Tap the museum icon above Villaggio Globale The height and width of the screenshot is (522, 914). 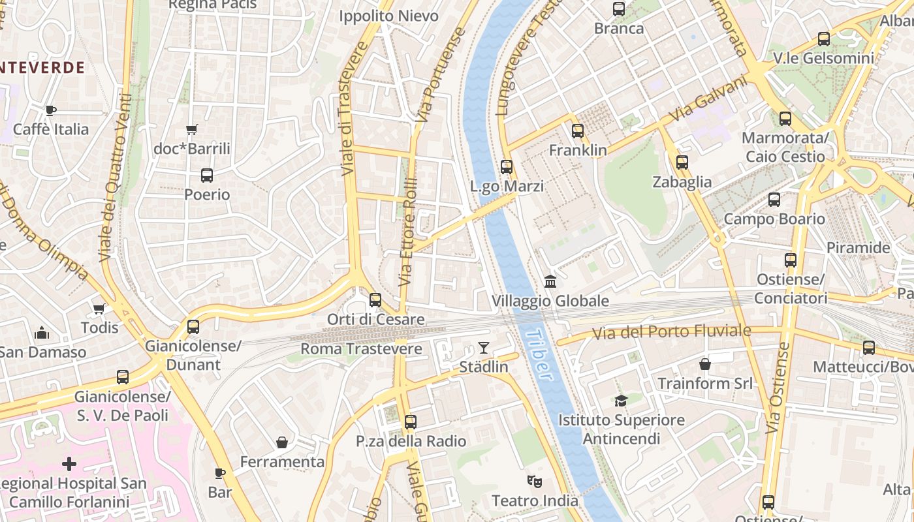(550, 282)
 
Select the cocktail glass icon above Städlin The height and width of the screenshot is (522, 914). (483, 347)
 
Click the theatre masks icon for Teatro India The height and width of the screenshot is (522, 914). (535, 482)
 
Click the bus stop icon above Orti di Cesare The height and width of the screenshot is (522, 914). (375, 300)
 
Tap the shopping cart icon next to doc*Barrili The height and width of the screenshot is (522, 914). (192, 129)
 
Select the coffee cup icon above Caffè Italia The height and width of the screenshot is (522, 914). (51, 110)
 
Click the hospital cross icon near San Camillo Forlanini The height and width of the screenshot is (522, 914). (69, 464)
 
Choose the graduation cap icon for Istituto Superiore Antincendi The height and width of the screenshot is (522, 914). (621, 401)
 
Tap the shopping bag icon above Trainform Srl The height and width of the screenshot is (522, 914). (705, 363)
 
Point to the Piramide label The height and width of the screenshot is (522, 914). (858, 248)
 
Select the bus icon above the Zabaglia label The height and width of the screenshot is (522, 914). (682, 162)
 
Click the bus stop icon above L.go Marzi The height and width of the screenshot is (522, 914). (507, 167)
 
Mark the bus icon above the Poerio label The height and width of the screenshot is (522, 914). (207, 176)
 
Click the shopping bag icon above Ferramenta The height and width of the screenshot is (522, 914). (282, 442)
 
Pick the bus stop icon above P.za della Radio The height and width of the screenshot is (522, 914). (411, 422)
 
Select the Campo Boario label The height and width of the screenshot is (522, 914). (774, 219)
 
